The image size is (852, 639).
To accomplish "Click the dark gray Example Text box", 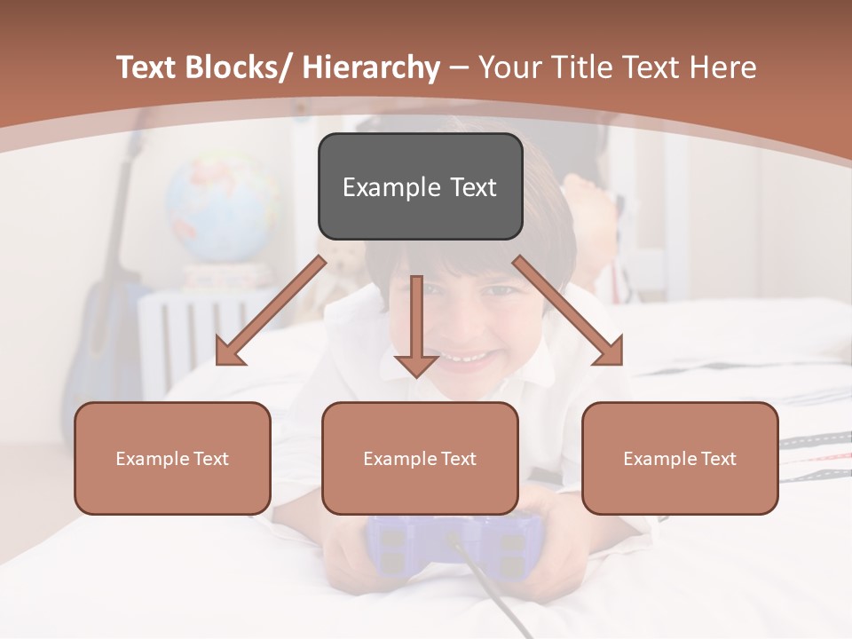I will pyautogui.click(x=420, y=187).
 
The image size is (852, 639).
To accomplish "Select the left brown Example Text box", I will pyautogui.click(x=172, y=459).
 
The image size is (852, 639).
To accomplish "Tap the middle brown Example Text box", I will pyautogui.click(x=420, y=459).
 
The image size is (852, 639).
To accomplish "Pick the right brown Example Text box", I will pyautogui.click(x=680, y=459).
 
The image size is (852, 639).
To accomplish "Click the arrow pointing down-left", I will pyautogui.click(x=271, y=311).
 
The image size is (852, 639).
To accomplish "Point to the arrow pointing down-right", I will pyautogui.click(x=569, y=311).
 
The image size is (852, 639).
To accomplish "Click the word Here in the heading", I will pyautogui.click(x=722, y=67).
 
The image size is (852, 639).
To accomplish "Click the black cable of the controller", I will pyautogui.click(x=497, y=595).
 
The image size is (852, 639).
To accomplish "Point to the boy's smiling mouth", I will pyautogui.click(x=466, y=357).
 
